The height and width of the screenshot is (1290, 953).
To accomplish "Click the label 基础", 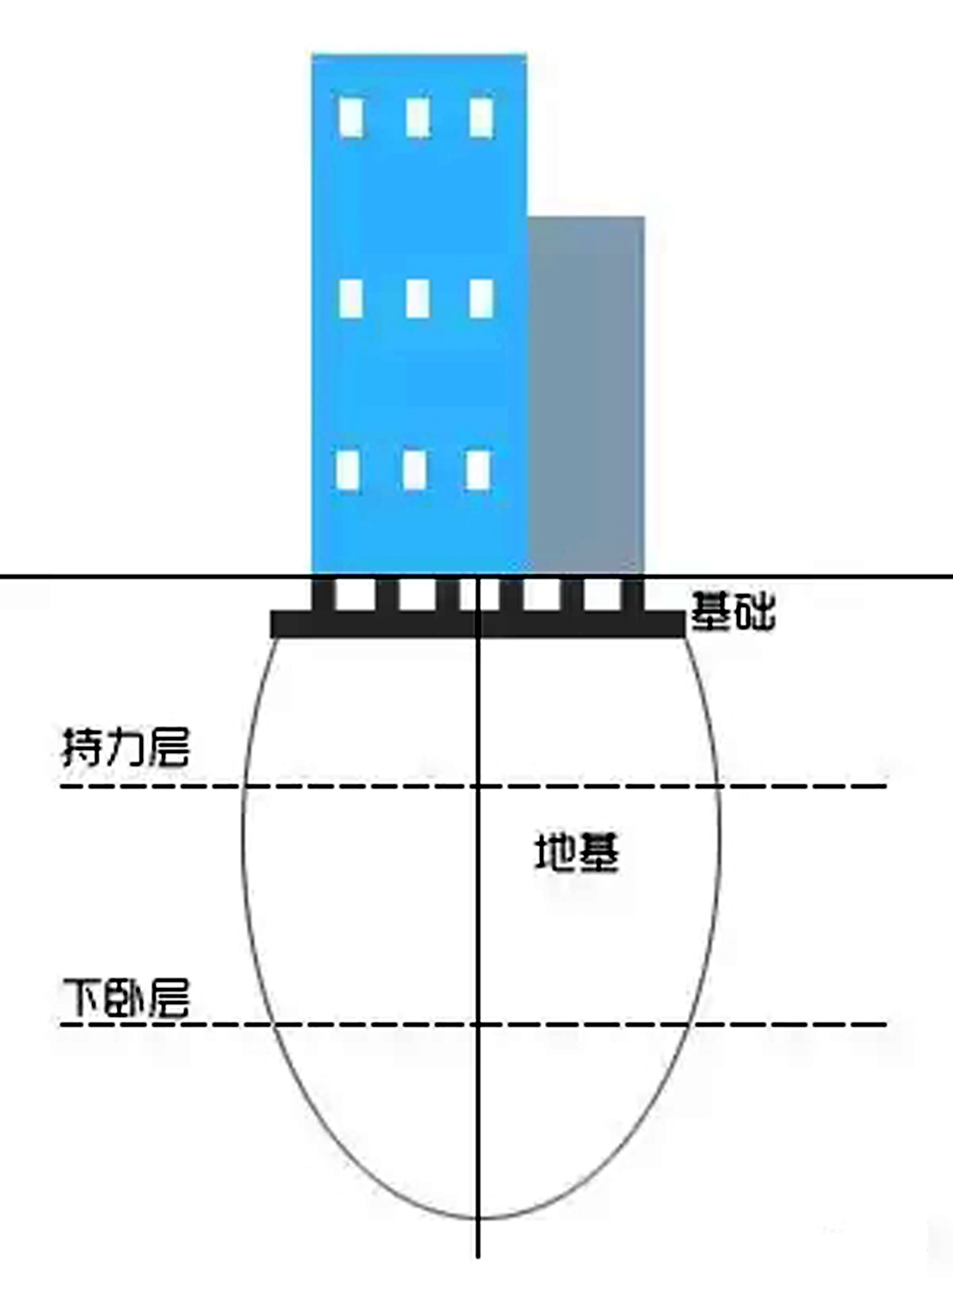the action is coord(732,612).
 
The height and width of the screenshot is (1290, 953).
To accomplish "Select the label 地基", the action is coord(577,853).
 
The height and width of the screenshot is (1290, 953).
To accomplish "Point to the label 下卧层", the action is coord(125,998).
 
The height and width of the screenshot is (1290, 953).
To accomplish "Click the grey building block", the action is coord(586,393).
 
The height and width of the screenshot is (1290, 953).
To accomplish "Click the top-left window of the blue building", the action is coord(351,118).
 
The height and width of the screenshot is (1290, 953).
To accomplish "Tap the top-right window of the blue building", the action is coord(481,118).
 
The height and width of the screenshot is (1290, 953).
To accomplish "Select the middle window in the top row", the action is coord(418,118).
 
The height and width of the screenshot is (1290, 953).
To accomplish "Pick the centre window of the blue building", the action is coord(417,299).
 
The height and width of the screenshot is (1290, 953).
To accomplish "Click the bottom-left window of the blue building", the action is coord(348,469).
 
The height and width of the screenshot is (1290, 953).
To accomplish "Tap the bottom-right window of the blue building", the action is coord(478,469).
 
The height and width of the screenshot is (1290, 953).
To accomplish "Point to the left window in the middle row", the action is coord(351,299).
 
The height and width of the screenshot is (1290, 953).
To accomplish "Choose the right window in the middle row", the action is coord(481,299).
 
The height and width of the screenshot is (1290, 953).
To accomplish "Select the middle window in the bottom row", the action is coord(414,469).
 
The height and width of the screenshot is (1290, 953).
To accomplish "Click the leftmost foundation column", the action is coord(323,594).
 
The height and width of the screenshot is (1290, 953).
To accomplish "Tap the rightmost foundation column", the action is coord(633,594).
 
